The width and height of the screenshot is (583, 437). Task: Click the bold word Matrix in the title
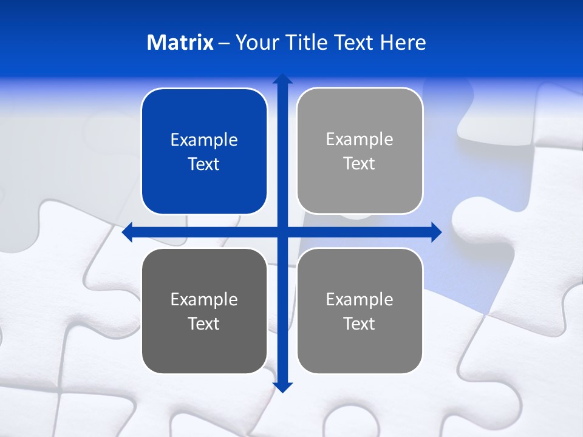[180, 42]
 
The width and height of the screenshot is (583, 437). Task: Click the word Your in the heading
[256, 42]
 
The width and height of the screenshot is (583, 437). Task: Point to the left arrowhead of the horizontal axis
[128, 232]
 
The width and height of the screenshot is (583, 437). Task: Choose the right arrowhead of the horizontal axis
[437, 232]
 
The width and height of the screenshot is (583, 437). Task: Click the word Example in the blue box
[204, 140]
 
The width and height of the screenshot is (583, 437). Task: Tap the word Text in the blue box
[204, 164]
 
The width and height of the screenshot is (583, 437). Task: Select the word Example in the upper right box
[360, 139]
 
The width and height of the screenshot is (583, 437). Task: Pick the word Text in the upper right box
[360, 163]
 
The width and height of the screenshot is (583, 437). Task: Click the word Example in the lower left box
[204, 299]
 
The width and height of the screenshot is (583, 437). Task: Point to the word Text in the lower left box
[204, 324]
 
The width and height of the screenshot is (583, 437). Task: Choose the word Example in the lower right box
[360, 299]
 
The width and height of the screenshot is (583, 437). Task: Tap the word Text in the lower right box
[360, 324]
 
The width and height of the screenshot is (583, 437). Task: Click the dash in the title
[224, 43]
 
